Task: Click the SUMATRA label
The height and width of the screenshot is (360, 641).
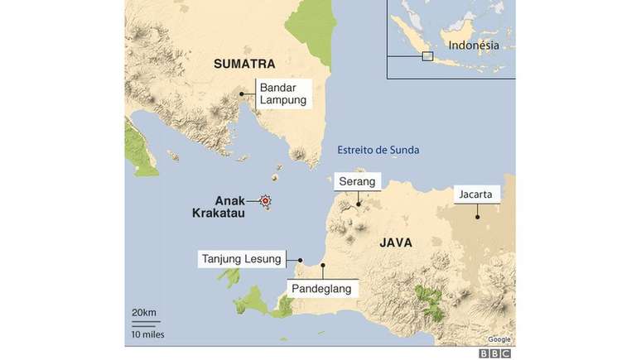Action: coord(243,64)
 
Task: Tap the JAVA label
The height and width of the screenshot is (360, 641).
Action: coord(396,243)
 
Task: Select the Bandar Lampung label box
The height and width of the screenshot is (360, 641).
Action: coord(283,94)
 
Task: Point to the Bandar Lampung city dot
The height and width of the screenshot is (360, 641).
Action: coord(242,94)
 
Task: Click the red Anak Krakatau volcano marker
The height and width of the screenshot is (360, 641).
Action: coord(266,200)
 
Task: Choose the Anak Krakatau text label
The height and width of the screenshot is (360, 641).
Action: coord(218,207)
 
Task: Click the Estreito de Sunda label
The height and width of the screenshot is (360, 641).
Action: coord(378,150)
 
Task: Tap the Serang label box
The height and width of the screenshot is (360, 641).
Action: coord(357,181)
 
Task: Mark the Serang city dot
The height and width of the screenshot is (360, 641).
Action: coord(358,204)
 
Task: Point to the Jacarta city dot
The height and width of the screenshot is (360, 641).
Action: coord(478,217)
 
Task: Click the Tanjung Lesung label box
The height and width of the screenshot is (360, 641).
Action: coord(242,259)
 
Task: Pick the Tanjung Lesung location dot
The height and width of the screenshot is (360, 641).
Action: coord(300,260)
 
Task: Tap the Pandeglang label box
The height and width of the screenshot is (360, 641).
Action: coord(322,289)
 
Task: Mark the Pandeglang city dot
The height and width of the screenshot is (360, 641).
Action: coord(323,266)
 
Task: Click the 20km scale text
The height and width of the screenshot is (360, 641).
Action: coord(143,312)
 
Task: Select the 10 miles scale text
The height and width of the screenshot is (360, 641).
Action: coord(147,334)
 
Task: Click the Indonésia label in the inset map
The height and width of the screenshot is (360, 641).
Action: coord(474,46)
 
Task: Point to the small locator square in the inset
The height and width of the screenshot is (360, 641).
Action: coord(427,56)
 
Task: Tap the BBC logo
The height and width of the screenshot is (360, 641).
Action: coord(494,353)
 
